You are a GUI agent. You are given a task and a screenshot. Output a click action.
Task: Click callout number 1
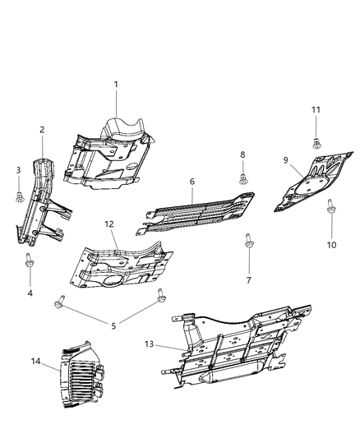116,84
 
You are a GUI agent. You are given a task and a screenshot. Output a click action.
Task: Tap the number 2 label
42,129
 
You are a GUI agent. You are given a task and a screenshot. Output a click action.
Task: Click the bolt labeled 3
18,195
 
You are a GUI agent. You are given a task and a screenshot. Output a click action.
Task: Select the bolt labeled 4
30,261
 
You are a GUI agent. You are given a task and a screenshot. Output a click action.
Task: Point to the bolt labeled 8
243,178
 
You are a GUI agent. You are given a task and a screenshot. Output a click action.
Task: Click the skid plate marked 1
111,156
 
